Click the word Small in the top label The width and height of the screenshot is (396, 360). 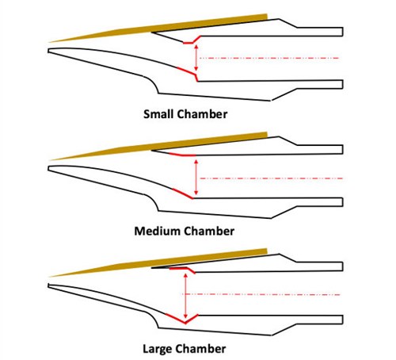(159, 114)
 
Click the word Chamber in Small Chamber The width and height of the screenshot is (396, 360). (203, 114)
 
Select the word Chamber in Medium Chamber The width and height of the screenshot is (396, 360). (209, 231)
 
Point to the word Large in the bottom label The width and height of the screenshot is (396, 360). (158, 349)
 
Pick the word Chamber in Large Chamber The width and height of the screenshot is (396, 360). (200, 348)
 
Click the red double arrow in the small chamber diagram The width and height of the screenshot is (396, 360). (196, 58)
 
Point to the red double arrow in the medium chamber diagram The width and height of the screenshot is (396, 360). (196, 177)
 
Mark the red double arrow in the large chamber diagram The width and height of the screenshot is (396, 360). (185, 296)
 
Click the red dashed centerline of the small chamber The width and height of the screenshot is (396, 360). (269, 58)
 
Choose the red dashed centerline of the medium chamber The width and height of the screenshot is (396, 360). (272, 178)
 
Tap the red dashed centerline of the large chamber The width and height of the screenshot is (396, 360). (261, 294)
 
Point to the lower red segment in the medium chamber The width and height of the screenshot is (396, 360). (183, 193)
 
